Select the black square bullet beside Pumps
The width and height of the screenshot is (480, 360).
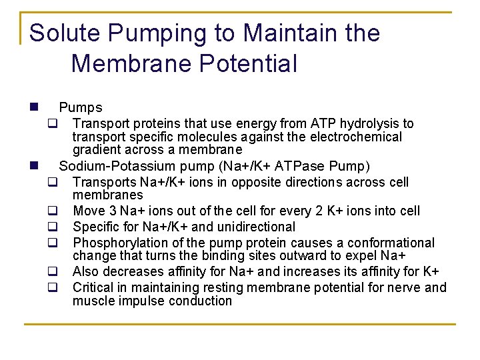tap(33, 107)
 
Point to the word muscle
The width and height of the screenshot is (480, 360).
tap(93, 301)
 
